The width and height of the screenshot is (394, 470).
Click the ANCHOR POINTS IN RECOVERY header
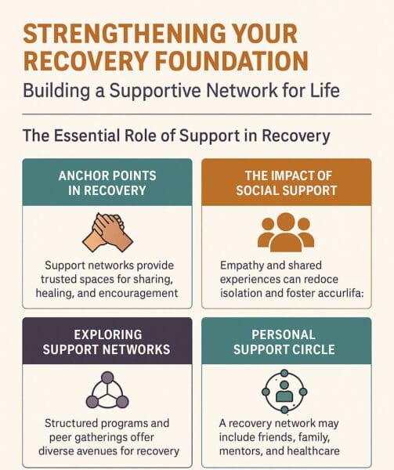tap(107, 183)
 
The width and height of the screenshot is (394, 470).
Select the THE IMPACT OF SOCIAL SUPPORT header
tap(286, 183)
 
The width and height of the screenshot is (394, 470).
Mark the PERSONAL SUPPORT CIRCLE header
tap(286, 340)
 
